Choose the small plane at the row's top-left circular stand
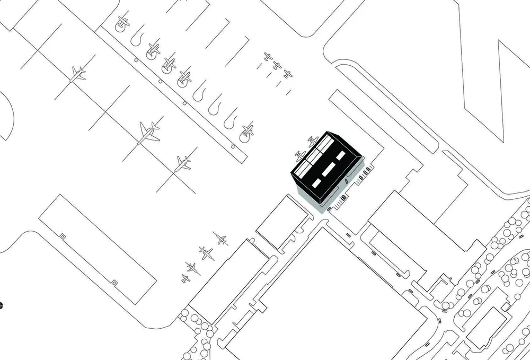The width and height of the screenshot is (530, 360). pyautogui.click(x=122, y=23)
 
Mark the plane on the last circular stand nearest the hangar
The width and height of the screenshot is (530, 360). pyautogui.click(x=247, y=130)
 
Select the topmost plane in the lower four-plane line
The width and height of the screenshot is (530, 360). pyautogui.click(x=221, y=239)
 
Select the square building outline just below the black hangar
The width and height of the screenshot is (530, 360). pyautogui.click(x=281, y=221)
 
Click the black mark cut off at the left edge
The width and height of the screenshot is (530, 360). pyautogui.click(x=1, y=305)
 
